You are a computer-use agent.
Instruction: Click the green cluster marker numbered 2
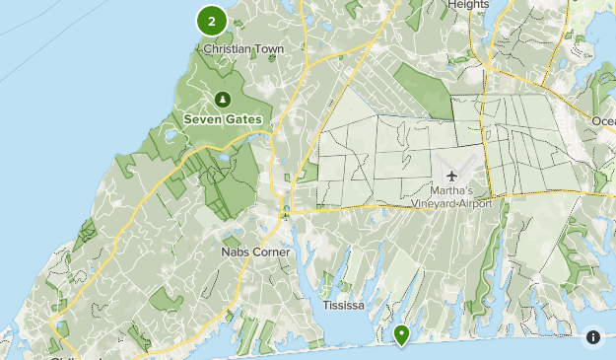pos(212,20)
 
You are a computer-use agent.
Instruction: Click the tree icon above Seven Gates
pos(222,100)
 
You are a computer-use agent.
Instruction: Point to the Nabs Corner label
pos(255,252)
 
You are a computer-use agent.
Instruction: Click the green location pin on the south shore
pos(402,335)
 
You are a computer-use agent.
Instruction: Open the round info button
pos(593,337)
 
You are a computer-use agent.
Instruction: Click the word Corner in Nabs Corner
pos(271,252)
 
